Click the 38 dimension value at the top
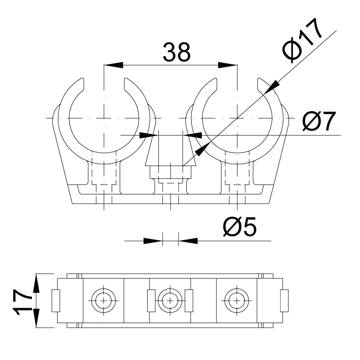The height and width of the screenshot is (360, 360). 176,52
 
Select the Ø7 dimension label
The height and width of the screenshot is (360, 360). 319,121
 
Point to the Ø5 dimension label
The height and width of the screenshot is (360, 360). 240,227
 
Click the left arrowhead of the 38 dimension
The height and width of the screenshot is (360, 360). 113,65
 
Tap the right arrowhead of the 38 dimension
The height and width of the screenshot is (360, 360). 228,65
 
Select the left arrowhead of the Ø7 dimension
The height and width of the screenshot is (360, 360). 149,135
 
